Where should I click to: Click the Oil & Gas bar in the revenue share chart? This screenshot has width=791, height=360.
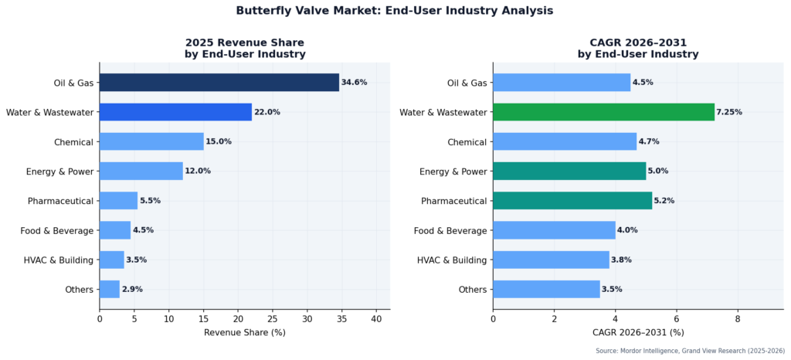[x=219, y=83]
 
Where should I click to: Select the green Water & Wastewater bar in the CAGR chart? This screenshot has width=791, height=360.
[x=603, y=112]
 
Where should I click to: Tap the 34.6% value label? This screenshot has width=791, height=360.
[x=354, y=83]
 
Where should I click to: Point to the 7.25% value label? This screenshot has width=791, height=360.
[x=729, y=112]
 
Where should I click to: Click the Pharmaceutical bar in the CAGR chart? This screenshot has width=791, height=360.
[x=572, y=201]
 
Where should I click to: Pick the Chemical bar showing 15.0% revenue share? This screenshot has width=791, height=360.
[x=151, y=141]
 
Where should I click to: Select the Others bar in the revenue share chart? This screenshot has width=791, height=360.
[x=110, y=289]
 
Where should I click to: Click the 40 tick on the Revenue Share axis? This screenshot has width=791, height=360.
[x=376, y=318]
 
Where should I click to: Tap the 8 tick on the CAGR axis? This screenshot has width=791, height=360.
[x=737, y=318]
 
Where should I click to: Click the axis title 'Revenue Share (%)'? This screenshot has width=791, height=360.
[x=244, y=332]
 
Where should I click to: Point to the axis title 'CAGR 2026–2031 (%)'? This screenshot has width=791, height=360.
[x=637, y=332]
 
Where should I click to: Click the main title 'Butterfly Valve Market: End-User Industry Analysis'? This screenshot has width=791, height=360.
[x=395, y=11]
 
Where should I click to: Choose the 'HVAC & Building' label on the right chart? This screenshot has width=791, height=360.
[x=452, y=260]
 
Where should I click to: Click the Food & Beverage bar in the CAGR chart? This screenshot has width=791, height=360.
[x=554, y=230]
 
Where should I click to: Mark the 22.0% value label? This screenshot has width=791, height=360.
[x=267, y=112]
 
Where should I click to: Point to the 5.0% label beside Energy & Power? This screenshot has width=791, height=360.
[x=660, y=172]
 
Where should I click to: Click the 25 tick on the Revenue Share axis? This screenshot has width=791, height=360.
[x=272, y=318]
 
